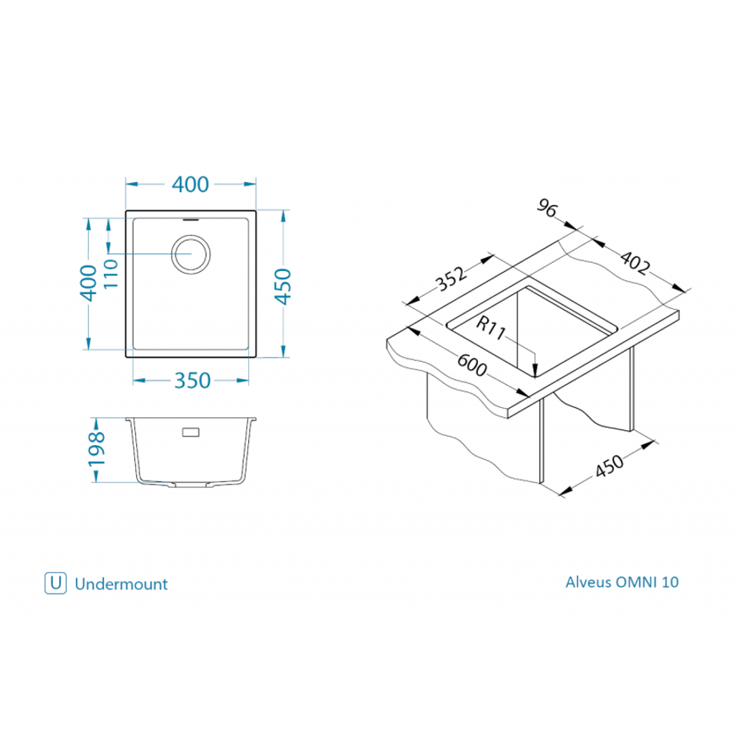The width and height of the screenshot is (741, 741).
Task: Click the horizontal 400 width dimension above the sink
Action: (x=190, y=185)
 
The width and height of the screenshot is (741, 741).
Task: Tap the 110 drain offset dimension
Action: (x=112, y=275)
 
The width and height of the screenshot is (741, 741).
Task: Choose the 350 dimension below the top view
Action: (x=191, y=380)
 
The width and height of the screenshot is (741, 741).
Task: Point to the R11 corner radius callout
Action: (x=490, y=327)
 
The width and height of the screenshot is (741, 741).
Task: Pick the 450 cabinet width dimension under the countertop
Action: (x=609, y=467)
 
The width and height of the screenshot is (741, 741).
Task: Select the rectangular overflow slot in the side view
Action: (x=190, y=432)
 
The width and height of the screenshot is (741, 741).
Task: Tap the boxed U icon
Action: (x=55, y=583)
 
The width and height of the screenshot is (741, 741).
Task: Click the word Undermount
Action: (x=121, y=584)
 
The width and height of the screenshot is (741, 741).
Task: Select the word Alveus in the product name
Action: (x=589, y=581)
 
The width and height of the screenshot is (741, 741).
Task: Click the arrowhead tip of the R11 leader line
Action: (x=536, y=377)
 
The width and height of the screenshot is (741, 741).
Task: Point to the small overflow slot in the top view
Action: (x=190, y=220)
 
